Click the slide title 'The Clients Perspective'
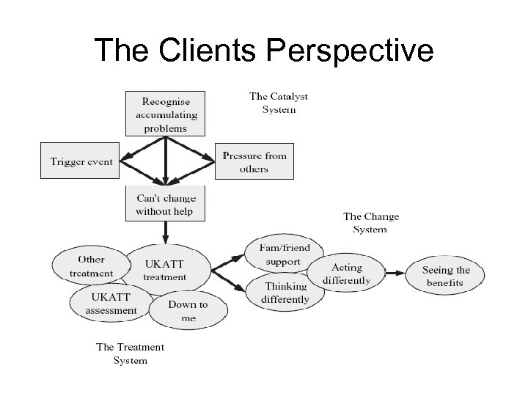click(x=264, y=50)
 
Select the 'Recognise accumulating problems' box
click(x=166, y=114)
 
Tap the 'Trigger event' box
click(x=81, y=161)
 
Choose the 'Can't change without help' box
click(x=166, y=205)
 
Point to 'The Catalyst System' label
click(x=279, y=103)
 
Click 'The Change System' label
click(x=371, y=223)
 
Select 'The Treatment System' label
click(x=131, y=353)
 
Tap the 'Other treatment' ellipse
click(x=91, y=266)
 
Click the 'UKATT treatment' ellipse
click(x=165, y=270)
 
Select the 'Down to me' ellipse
click(x=188, y=311)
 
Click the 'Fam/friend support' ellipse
click(x=284, y=254)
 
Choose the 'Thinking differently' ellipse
click(x=285, y=293)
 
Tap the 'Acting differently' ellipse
click(x=347, y=274)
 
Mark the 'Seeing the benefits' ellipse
click(x=446, y=276)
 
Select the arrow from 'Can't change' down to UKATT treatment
click(x=166, y=233)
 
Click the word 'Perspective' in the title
click(x=351, y=50)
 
